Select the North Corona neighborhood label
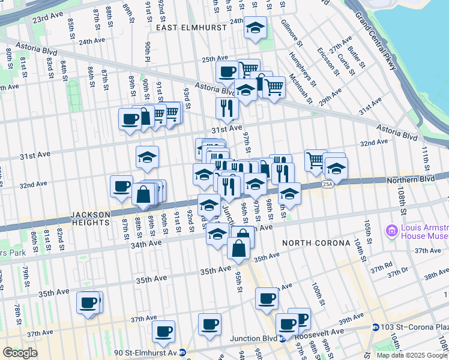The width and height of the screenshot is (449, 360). pyautogui.click(x=316, y=243)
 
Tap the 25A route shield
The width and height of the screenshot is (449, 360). pyautogui.click(x=327, y=184)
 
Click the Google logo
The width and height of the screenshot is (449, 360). pyautogui.click(x=20, y=353)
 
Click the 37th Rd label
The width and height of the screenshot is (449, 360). pyautogui.click(x=381, y=265)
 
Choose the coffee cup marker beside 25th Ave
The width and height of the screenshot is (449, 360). pyautogui.click(x=227, y=73)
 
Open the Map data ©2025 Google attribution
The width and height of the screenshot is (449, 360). pyautogui.click(x=412, y=355)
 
